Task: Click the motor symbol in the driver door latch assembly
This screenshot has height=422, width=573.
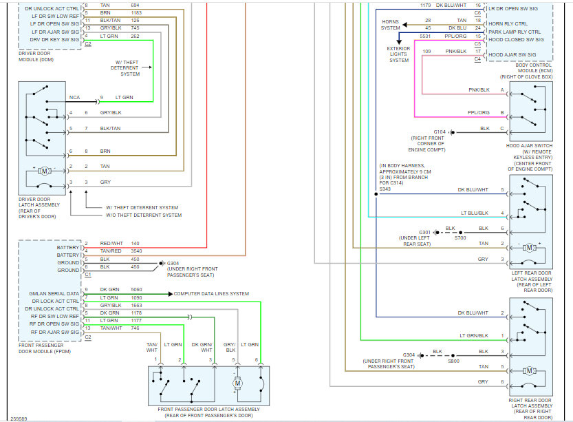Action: tap(45, 171)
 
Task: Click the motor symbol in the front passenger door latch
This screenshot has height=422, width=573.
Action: tap(237, 383)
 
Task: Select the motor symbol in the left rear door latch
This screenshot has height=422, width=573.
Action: tap(529, 248)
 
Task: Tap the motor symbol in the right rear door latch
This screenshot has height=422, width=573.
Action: tap(529, 371)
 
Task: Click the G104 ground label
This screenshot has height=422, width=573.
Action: tap(440, 132)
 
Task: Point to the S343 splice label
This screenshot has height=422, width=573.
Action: tap(385, 189)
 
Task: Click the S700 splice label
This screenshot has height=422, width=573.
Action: tap(460, 238)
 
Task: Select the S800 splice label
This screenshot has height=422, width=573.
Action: tap(453, 361)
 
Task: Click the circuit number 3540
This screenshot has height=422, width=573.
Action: tap(136, 251)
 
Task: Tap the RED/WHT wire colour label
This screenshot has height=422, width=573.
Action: tap(111, 243)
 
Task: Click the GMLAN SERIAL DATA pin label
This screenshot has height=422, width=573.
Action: tap(54, 293)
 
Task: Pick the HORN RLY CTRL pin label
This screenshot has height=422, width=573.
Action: tap(508, 23)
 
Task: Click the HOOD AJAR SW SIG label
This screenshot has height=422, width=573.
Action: tap(512, 54)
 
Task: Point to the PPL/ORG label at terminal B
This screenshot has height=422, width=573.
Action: tap(478, 112)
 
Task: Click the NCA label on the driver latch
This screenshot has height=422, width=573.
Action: tap(74, 97)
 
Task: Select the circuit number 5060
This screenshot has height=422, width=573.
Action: tap(136, 289)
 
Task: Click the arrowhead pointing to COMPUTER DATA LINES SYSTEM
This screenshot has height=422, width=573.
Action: tap(171, 294)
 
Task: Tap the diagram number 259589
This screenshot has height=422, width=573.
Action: tap(19, 419)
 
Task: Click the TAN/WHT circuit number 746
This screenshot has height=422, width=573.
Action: tap(135, 328)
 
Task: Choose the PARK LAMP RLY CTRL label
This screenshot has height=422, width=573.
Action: tap(515, 32)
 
